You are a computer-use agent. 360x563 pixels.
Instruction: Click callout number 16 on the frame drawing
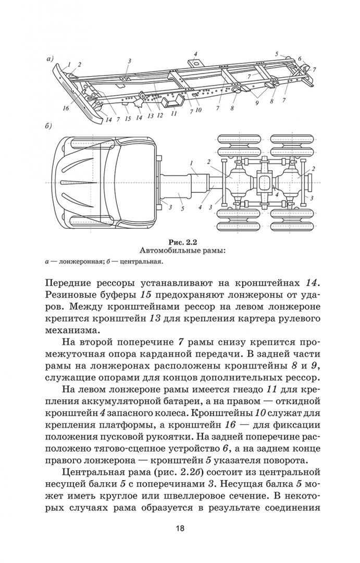[65, 108]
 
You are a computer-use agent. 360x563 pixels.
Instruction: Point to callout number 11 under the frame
[174, 113]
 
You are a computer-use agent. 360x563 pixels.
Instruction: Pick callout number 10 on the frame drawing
[198, 111]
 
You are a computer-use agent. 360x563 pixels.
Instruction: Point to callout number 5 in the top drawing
[278, 54]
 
